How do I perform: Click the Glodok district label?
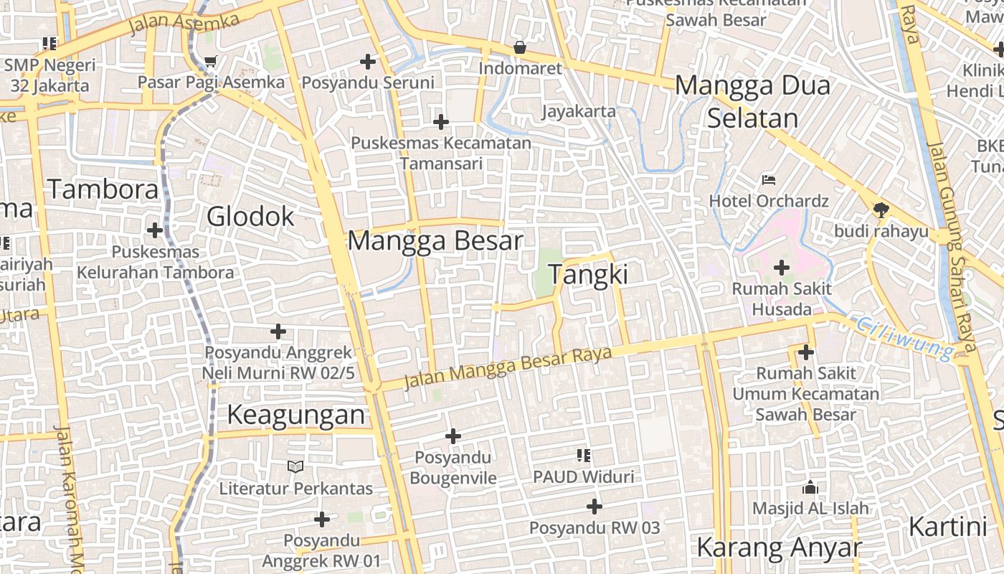coord(250,216)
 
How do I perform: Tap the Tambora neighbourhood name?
coord(103,189)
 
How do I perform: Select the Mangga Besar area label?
coord(435,240)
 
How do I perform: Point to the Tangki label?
coord(588,274)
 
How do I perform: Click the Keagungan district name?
coord(296,415)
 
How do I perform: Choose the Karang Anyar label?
coord(778,547)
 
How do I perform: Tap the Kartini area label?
coord(947,527)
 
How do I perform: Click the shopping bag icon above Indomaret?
coord(519,48)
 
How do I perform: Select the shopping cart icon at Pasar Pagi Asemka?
coord(210,62)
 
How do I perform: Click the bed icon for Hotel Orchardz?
coord(769,179)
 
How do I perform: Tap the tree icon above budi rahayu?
coord(881,210)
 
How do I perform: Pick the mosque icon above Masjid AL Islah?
coord(810,487)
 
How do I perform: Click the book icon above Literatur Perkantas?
coord(295,467)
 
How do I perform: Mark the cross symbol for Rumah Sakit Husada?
coord(781,268)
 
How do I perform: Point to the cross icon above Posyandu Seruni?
coord(368,62)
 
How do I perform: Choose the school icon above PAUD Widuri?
coord(583,455)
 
